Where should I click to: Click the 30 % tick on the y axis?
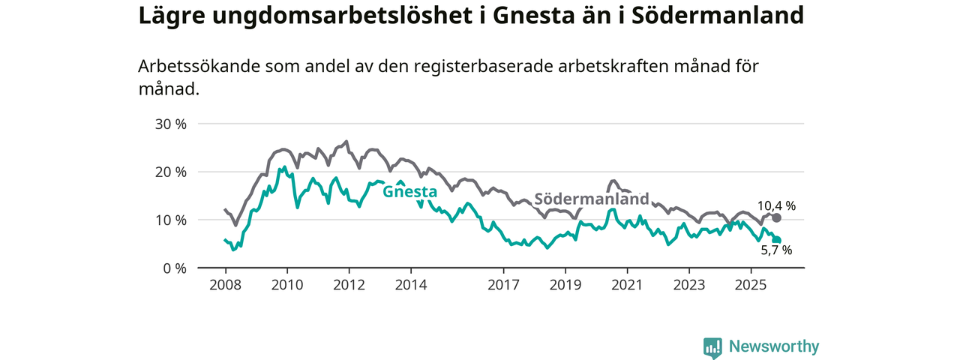170,124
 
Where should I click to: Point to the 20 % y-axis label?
170,172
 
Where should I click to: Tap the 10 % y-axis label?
170,220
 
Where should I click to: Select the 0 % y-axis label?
174,268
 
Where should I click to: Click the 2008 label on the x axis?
225,285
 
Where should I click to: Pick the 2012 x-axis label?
349,285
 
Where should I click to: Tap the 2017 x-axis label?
503,285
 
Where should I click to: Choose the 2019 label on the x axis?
565,285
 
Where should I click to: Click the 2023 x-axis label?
688,285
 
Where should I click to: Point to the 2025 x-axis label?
750,285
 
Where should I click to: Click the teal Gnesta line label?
409,191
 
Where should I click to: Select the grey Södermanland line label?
591,199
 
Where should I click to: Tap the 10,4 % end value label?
776,205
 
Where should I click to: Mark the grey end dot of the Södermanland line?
776,217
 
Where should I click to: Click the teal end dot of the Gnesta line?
777,240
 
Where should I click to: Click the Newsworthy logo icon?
712,347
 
